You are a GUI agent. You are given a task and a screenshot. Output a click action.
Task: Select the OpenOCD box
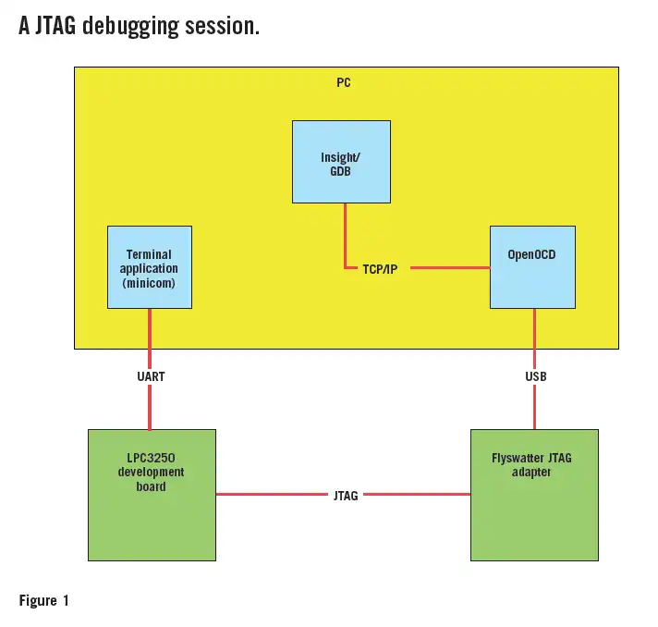click(532, 266)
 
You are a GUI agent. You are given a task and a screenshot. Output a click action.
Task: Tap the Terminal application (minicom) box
click(149, 266)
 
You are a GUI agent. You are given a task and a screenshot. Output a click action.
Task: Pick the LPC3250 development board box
click(152, 494)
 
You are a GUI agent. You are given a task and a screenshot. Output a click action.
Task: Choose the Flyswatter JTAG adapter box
click(534, 494)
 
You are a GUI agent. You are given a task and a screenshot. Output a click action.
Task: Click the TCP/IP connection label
click(380, 269)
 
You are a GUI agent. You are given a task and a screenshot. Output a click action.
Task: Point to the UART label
click(150, 376)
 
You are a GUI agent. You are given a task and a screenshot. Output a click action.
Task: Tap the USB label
click(535, 376)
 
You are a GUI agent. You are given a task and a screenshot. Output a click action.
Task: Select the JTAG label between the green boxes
click(345, 495)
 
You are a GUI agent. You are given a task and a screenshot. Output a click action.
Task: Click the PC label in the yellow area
click(343, 82)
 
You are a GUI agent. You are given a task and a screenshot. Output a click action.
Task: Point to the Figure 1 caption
click(43, 601)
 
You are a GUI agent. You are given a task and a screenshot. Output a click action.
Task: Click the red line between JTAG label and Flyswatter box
click(416, 495)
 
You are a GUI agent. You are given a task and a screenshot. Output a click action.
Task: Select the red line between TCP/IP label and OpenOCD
click(449, 268)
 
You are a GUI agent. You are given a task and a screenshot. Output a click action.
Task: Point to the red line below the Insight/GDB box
click(346, 231)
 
